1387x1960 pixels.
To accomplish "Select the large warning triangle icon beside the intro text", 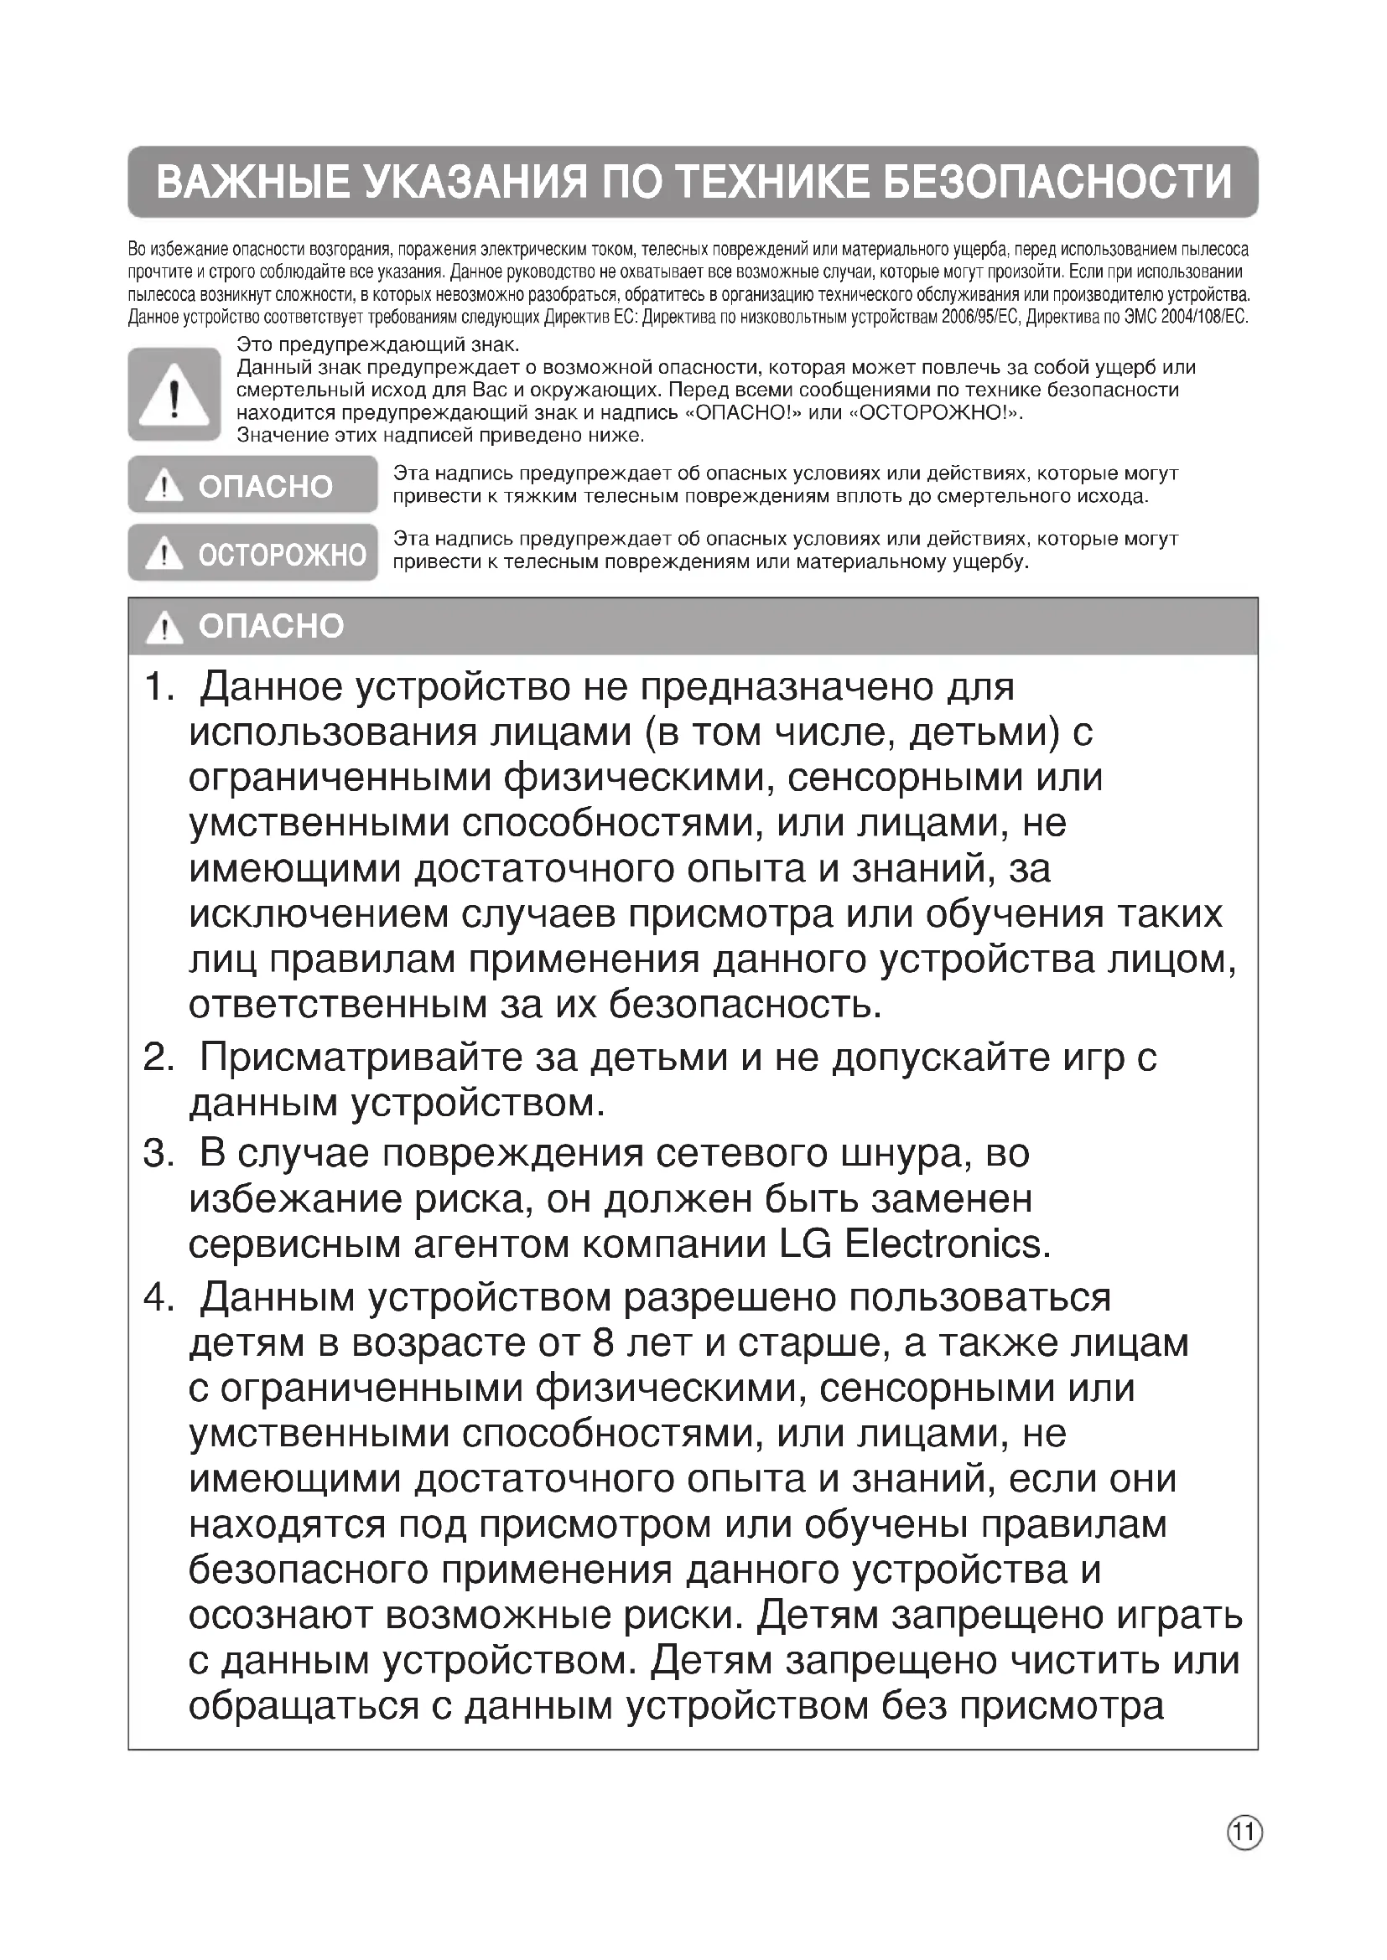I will tap(174, 396).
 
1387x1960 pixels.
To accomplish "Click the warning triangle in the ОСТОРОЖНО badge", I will tap(164, 554).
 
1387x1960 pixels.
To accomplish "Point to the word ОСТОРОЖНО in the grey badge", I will tap(282, 555).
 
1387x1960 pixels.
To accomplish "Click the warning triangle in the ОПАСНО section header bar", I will tap(164, 628).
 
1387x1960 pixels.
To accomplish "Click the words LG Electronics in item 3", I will tap(914, 1244).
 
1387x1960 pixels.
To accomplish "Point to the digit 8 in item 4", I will tap(603, 1343).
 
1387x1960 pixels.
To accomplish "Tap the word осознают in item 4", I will tap(280, 1616).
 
